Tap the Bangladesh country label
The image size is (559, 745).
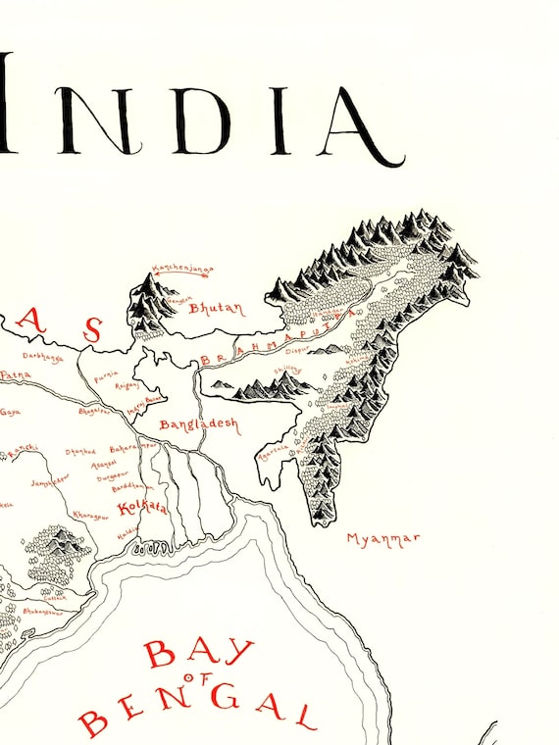(198, 424)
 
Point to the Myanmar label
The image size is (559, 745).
(383, 538)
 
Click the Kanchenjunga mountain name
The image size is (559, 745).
(180, 269)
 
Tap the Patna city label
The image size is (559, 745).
(15, 374)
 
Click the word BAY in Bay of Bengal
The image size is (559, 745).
(200, 652)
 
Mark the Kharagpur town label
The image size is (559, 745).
(92, 513)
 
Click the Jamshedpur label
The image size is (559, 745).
(48, 483)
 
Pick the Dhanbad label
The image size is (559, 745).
(80, 452)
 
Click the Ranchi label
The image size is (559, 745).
(22, 448)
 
